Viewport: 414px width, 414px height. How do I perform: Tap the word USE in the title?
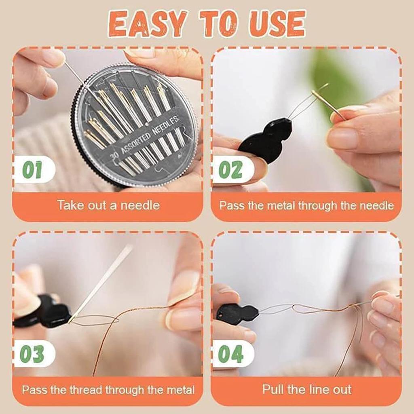pos(276,24)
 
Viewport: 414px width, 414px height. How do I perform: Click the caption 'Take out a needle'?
pos(108,205)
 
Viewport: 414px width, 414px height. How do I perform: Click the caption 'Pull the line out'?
pos(307,389)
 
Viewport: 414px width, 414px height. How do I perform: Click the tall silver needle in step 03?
pos(100,283)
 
